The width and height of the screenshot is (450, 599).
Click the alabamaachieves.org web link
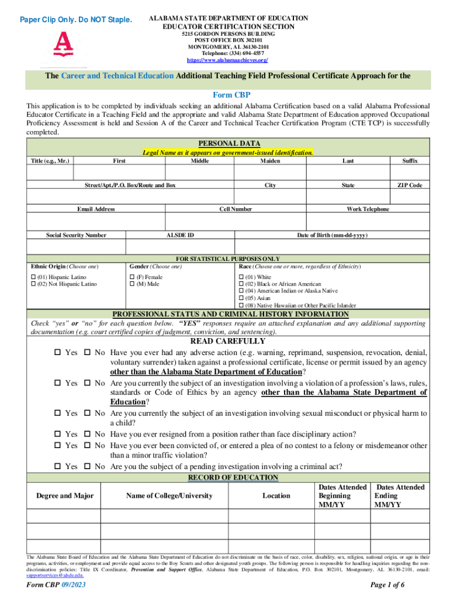(227, 60)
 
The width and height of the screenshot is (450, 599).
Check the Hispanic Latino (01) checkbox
(33, 277)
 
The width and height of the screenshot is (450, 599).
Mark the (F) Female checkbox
(131, 277)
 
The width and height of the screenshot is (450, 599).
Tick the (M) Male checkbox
(131, 284)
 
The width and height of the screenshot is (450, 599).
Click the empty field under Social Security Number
(76, 247)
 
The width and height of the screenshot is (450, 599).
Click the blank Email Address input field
(96, 221)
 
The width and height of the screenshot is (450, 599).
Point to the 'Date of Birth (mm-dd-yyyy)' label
(333, 235)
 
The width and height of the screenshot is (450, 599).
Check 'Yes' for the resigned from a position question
(57, 435)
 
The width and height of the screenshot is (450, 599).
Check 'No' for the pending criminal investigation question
(86, 467)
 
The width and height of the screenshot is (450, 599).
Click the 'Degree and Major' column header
(65, 495)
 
